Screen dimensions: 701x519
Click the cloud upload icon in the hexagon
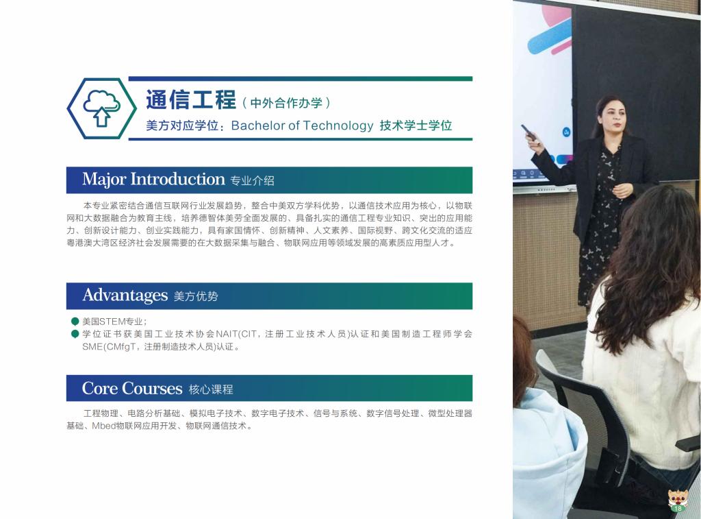tap(102, 108)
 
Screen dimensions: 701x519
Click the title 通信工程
tap(191, 99)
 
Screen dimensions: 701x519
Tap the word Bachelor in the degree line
tap(258, 125)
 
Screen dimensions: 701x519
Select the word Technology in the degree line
tap(338, 126)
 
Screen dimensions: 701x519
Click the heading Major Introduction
tap(153, 179)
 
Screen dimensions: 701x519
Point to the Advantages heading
tap(125, 295)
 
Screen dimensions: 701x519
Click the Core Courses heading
tap(132, 388)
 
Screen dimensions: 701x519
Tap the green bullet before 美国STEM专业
tap(75, 321)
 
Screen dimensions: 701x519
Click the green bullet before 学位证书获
tap(75, 334)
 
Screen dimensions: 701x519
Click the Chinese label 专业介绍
tap(252, 180)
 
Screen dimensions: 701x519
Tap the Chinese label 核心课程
tap(211, 389)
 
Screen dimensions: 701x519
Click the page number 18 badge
tap(678, 508)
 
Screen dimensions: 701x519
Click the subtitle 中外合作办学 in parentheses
tap(286, 103)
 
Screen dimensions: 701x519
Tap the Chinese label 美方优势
tap(195, 296)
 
